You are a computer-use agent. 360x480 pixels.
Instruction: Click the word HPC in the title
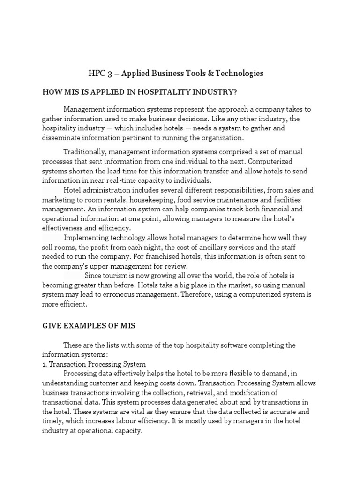tap(97, 73)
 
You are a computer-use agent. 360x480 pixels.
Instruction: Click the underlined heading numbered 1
tap(94, 364)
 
